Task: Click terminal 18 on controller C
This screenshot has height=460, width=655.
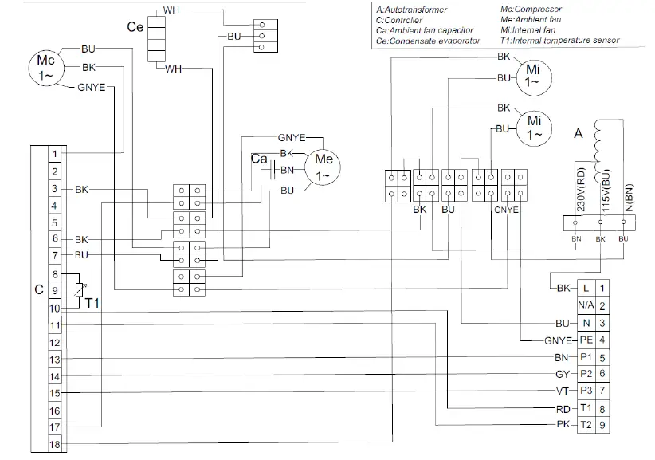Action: coord(54,444)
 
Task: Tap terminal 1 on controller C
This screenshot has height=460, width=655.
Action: coord(54,153)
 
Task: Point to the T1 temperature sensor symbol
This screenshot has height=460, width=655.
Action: coord(78,292)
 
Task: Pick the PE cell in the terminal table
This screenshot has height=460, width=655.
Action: coord(586,340)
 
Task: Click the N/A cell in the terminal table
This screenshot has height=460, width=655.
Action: coord(586,305)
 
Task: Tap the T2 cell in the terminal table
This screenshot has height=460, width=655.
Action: coord(586,426)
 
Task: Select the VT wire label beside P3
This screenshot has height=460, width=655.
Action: coord(562,391)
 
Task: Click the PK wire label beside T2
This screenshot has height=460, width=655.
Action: coord(562,426)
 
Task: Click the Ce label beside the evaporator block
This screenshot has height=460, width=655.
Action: coord(135,27)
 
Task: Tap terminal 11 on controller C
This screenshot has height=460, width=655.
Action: coord(54,324)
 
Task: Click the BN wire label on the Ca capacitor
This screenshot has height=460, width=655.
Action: coord(288,170)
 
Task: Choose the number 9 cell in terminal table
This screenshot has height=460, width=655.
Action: coord(603,426)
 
